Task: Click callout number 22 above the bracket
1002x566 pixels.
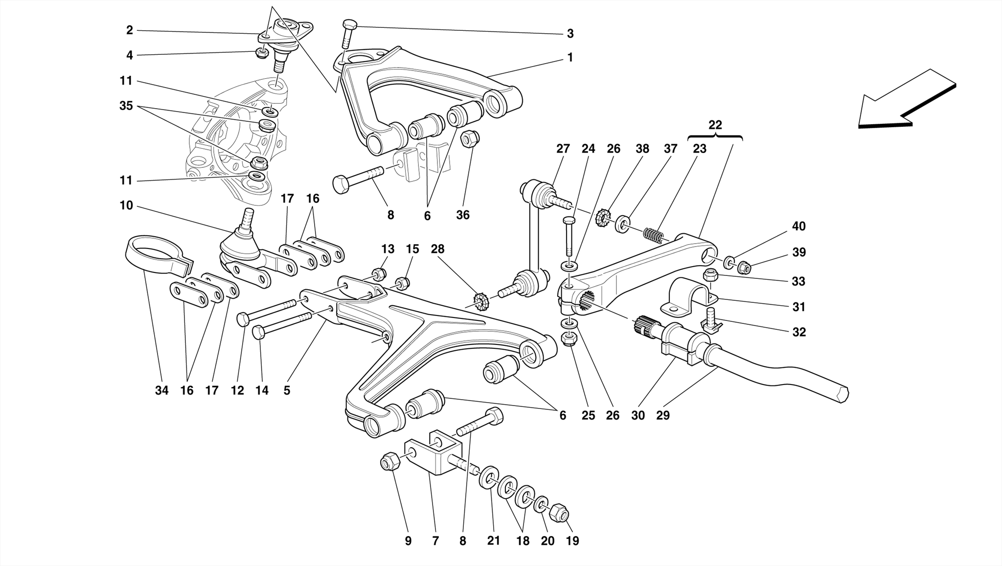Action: (715, 125)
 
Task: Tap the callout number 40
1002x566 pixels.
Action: (798, 226)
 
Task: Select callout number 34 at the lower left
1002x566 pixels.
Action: (161, 390)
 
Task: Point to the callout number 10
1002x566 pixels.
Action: (126, 205)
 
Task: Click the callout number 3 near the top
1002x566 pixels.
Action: (570, 34)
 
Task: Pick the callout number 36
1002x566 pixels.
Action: (462, 215)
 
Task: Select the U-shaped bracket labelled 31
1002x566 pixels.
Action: (687, 296)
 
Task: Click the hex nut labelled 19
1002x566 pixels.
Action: (560, 513)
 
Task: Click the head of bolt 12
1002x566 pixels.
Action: (243, 319)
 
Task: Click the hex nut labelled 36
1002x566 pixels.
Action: (470, 139)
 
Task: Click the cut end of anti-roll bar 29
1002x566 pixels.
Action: (843, 395)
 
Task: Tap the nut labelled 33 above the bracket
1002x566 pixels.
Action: (710, 275)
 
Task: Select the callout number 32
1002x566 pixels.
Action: (798, 332)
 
